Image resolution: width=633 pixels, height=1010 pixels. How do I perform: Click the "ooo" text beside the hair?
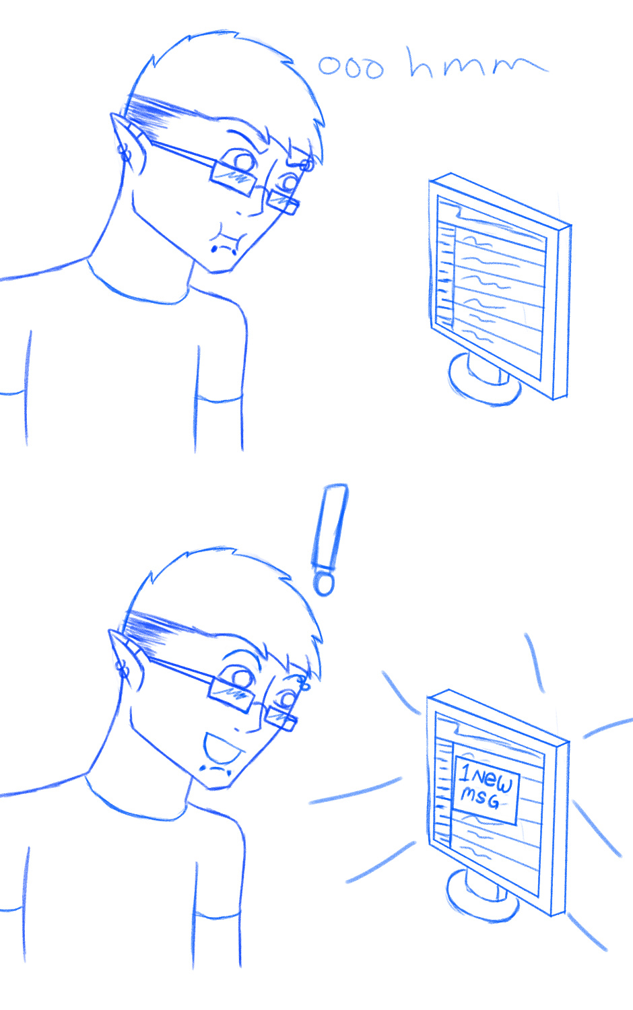click(x=352, y=67)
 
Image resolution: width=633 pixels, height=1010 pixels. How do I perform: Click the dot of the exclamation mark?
click(x=324, y=584)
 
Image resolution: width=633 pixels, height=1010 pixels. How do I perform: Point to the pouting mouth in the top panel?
click(x=226, y=239)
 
